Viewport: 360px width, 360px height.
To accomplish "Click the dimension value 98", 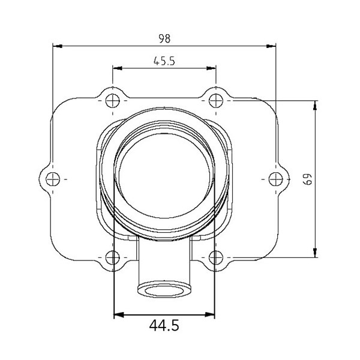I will (x=164, y=38).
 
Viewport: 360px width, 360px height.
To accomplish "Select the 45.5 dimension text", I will (x=164, y=61).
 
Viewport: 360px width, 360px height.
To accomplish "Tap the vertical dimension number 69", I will (x=307, y=179).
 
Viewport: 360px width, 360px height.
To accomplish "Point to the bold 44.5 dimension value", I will (x=164, y=326).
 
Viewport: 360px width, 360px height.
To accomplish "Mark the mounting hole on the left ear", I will (x=53, y=179).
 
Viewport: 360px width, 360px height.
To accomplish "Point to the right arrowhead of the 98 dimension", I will (x=271, y=46).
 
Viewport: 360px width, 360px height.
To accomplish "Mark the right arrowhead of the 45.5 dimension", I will (x=211, y=68).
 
